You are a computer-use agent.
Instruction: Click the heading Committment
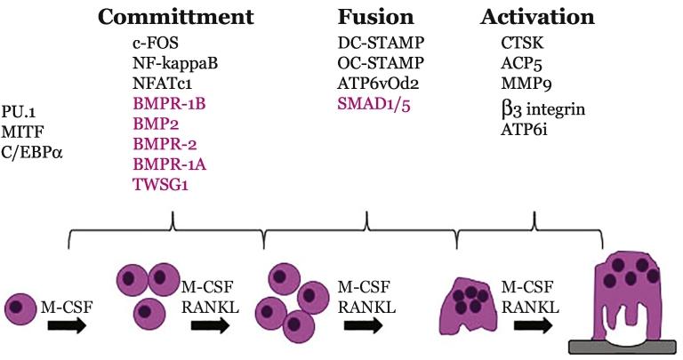click(175, 18)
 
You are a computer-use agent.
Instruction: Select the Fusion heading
click(375, 18)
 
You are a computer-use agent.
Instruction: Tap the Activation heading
click(537, 18)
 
